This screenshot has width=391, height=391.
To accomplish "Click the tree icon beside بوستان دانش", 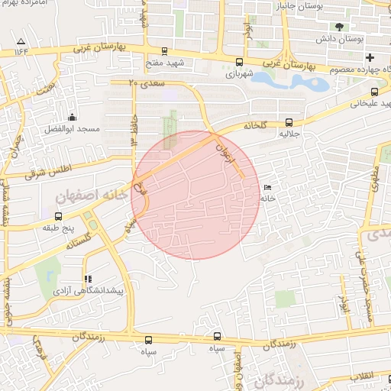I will click(x=339, y=26).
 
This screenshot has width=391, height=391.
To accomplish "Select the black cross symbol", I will click(x=370, y=57).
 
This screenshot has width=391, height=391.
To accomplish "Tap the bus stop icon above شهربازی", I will click(x=240, y=63).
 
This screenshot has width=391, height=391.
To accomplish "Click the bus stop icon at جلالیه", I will click(x=289, y=121).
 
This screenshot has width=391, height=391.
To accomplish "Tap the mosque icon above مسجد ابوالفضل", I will click(x=72, y=117).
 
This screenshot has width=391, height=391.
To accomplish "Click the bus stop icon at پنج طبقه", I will click(x=58, y=216).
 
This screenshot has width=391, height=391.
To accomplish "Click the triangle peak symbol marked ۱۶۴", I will click(x=21, y=40).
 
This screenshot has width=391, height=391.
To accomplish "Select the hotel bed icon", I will click(x=267, y=188).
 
